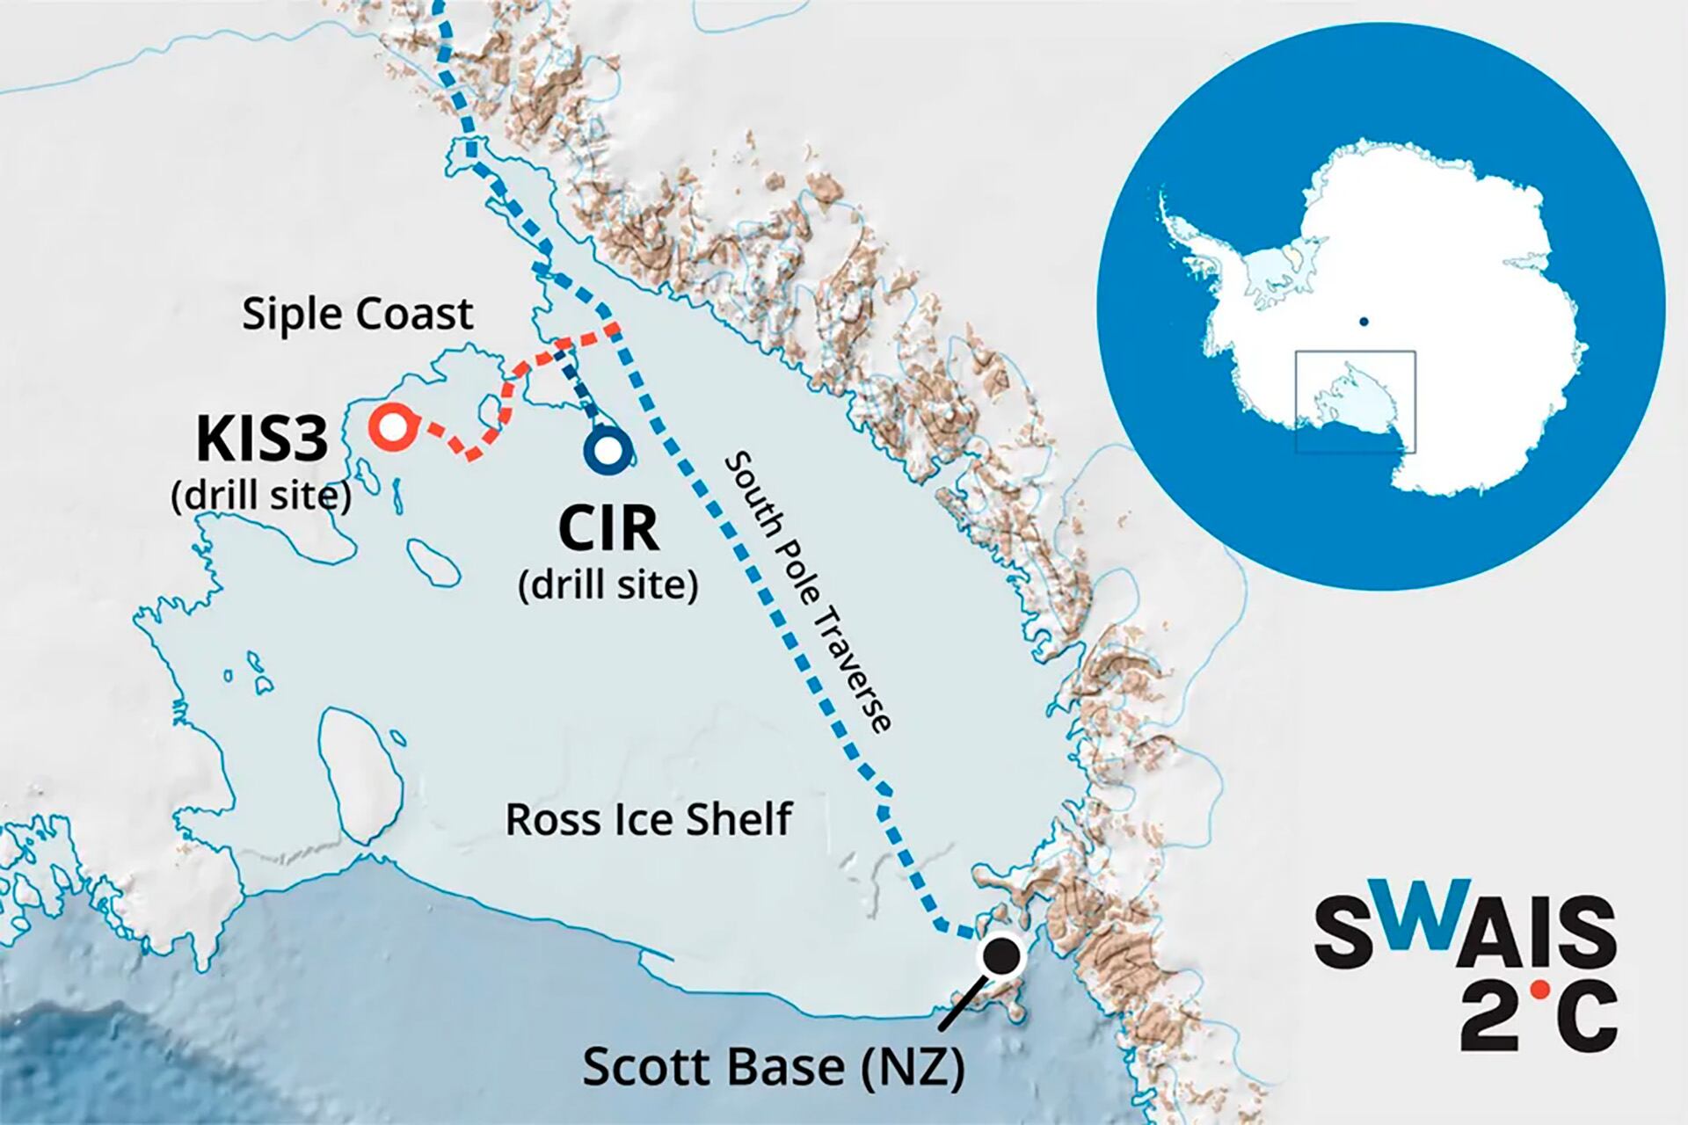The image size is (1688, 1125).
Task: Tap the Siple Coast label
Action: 358,314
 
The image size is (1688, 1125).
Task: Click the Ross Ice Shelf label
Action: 649,819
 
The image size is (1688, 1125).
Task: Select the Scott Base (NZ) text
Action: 774,1067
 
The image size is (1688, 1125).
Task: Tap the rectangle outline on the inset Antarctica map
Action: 1356,352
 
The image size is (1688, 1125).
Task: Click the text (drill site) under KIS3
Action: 261,497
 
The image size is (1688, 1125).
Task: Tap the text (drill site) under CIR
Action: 608,584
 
